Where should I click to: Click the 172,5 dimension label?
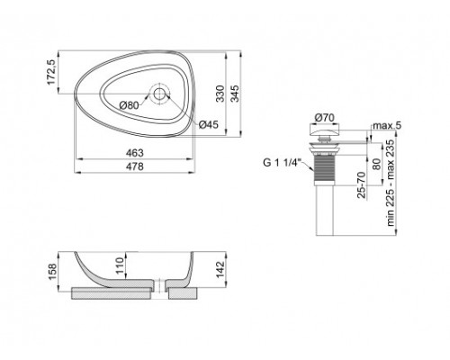point(53,70)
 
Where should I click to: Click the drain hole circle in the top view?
point(160,94)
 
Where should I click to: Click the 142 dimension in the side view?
point(220,270)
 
